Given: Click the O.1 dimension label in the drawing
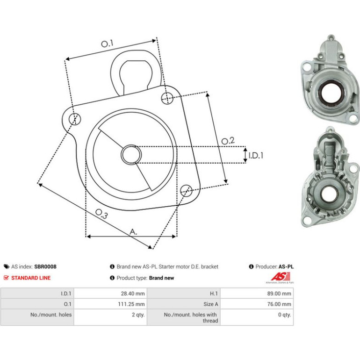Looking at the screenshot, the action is click(x=108, y=43).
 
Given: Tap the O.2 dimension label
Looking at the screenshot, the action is click(x=228, y=141).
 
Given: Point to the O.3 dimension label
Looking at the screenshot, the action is click(x=101, y=214).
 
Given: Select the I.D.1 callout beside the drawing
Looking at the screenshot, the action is click(x=256, y=156).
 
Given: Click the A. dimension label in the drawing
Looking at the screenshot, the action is click(x=133, y=232).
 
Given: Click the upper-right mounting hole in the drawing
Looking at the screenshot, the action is click(x=167, y=98).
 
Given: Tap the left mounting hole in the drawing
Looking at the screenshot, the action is click(x=75, y=119).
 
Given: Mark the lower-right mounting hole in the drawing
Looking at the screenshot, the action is click(x=186, y=190).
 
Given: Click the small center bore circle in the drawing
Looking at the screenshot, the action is click(x=131, y=154).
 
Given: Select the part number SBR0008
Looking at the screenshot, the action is click(x=45, y=266).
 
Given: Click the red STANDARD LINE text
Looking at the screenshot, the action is click(x=31, y=278).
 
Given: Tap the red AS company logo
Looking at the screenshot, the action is click(x=281, y=277).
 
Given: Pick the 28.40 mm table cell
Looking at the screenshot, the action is click(x=133, y=294).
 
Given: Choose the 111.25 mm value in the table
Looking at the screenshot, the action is click(x=131, y=304).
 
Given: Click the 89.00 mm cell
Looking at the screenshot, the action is click(x=279, y=294).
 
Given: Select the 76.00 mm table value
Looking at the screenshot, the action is click(x=279, y=304).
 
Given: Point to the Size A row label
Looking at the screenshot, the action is click(x=210, y=304).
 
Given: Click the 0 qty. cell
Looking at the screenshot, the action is click(x=284, y=315).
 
